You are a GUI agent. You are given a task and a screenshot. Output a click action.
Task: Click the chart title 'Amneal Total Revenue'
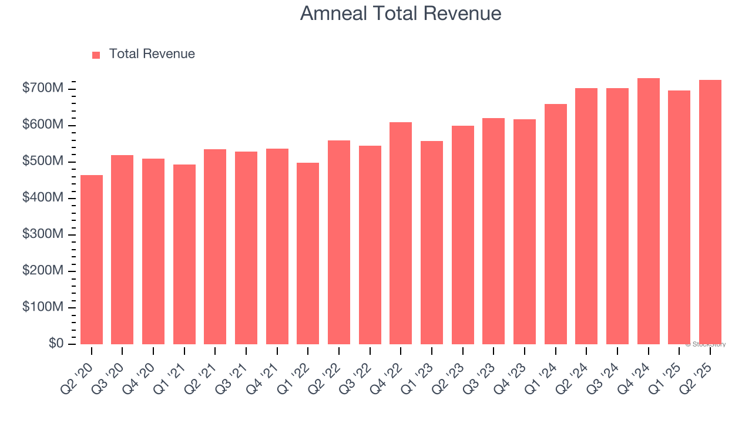click(401, 13)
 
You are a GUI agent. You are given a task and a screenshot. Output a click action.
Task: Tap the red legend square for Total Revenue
click(96, 55)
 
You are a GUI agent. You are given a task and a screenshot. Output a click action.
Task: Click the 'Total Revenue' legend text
click(152, 54)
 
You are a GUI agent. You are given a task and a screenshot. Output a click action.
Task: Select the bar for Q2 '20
click(92, 259)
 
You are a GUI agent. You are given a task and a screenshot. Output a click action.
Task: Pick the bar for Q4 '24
click(649, 211)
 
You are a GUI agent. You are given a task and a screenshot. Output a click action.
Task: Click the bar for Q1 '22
click(308, 253)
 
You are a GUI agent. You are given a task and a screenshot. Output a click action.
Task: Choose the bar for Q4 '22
click(401, 233)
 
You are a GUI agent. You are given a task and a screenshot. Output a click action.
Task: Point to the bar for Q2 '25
click(710, 211)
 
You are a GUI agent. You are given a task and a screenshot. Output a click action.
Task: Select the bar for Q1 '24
click(556, 224)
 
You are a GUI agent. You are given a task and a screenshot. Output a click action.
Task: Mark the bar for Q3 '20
click(122, 249)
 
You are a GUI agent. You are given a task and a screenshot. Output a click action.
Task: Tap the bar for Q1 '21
click(184, 254)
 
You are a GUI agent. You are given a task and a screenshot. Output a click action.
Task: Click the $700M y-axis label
click(43, 89)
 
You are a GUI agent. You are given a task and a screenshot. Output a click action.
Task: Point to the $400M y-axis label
click(43, 198)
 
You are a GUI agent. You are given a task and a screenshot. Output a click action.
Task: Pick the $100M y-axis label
click(43, 307)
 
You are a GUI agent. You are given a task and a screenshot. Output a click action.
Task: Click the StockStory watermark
click(706, 344)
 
